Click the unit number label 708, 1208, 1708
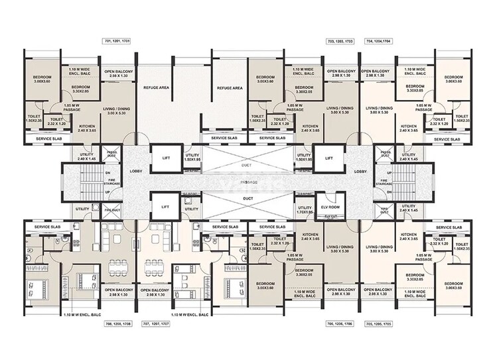[117, 325]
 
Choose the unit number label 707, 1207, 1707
[156, 325]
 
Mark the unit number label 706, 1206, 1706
[338, 325]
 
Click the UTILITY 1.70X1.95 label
[305, 210]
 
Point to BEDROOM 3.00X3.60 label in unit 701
[46, 80]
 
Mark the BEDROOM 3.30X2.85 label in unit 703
[305, 90]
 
